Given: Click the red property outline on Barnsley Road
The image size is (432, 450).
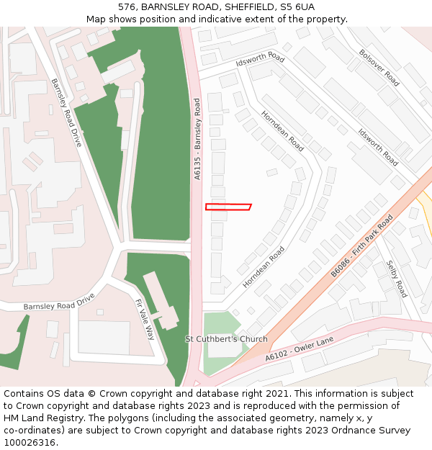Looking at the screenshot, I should click(228, 207).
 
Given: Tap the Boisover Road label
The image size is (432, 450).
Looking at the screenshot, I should click(379, 68).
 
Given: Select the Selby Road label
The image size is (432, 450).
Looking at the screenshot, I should click(397, 279).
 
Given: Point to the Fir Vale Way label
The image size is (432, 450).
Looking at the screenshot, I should click(145, 320).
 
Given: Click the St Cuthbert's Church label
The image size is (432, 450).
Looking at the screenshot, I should click(226, 339).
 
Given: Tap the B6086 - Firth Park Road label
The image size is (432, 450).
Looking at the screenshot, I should click(362, 246).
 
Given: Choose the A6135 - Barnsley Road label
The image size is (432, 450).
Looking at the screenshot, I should click(197, 140).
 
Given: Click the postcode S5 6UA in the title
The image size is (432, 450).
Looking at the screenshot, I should click(297, 7).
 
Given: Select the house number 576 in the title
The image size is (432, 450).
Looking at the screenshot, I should click(127, 7).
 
